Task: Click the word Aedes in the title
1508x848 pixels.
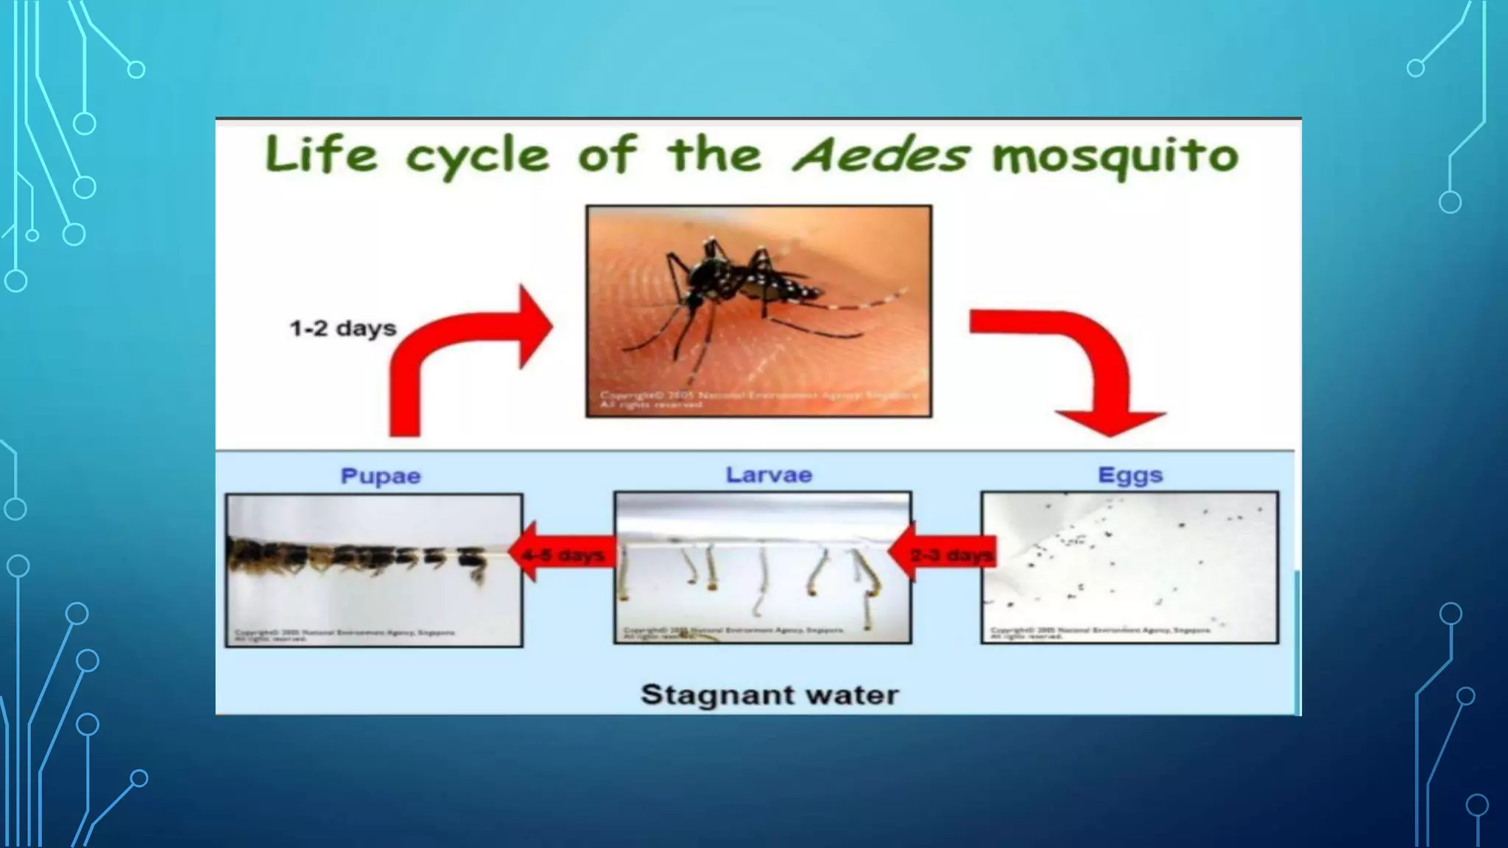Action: [880, 155]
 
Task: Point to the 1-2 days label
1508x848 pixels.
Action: [342, 328]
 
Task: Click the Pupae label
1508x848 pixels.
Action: [381, 476]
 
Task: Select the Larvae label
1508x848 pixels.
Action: [769, 475]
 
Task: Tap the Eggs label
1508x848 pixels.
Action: [1130, 475]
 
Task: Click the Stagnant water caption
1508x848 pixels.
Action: [769, 694]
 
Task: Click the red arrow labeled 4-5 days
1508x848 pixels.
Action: [564, 554]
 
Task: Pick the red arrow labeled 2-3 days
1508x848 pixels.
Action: [942, 554]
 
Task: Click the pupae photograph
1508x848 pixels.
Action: [374, 570]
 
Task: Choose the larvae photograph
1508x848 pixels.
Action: [762, 567]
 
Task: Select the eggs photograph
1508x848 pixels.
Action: [1130, 567]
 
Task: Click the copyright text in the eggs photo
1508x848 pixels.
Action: [1101, 632]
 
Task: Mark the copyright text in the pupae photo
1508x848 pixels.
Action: [344, 635]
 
